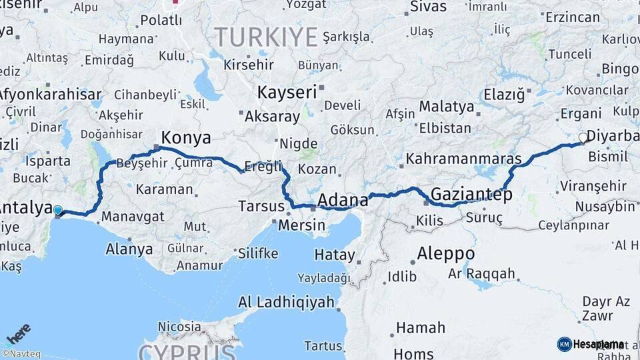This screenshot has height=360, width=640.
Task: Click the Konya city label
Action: pos(186,138)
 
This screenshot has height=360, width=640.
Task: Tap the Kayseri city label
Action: pos(287,92)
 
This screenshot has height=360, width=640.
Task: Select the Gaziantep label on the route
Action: pos(471,195)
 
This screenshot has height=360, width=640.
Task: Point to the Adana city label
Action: pos(343,200)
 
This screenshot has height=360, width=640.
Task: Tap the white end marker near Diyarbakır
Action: pos(583,138)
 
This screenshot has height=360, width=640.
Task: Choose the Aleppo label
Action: pos(446,254)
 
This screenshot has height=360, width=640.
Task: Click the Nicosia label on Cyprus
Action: pos(179,327)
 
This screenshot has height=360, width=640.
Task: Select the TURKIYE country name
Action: pos(265,37)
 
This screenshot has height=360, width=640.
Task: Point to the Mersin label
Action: pos(303,225)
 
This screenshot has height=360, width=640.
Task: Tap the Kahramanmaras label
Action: pos(463,159)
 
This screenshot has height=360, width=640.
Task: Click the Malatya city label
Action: pos(446,107)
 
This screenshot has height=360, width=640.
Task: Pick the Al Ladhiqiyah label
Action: pos(286,302)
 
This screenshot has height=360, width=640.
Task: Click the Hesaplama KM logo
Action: pos(591,344)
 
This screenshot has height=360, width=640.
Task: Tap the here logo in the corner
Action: pos(19,333)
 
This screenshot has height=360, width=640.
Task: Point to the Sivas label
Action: pos(427,7)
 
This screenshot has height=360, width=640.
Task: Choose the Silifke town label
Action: pos(257,253)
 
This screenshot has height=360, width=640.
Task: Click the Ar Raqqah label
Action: pos(481,273)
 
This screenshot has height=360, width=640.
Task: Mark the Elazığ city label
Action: pos(504,95)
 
